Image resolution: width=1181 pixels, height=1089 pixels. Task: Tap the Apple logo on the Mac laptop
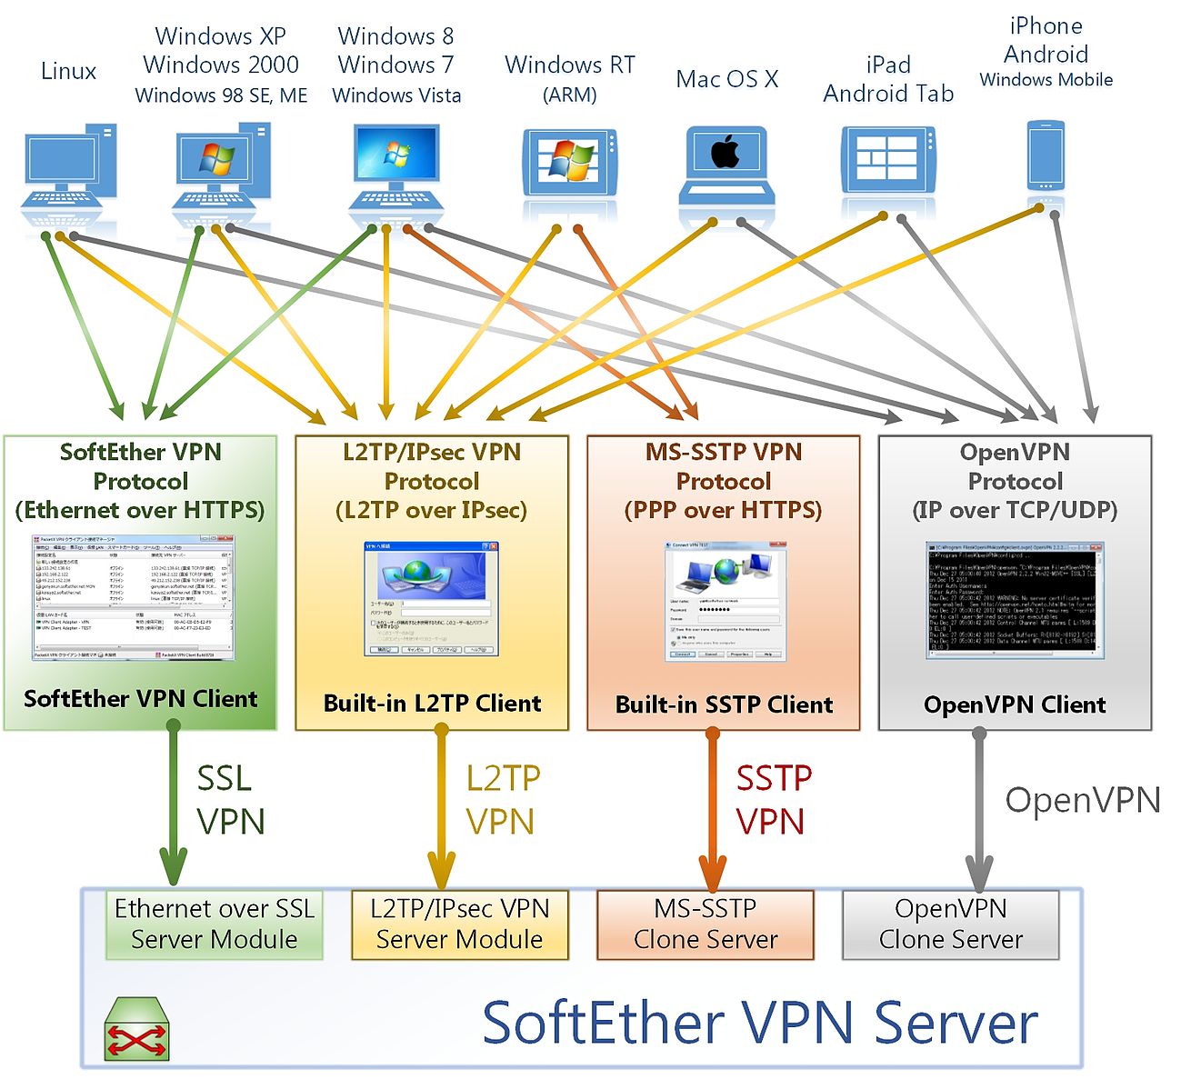coord(726,151)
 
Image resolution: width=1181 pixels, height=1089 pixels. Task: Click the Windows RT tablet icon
coord(570,163)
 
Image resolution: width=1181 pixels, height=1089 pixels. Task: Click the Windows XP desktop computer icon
coord(221,168)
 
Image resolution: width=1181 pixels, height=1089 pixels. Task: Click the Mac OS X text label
coord(726,79)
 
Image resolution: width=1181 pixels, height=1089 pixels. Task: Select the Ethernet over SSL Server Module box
coord(215,924)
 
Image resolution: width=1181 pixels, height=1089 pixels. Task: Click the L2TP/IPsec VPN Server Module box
coord(459,924)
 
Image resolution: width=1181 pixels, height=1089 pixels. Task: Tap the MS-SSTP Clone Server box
coord(706,924)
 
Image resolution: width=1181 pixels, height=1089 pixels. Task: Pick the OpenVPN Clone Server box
coord(951,924)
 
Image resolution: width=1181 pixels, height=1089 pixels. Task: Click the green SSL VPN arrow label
coord(230,800)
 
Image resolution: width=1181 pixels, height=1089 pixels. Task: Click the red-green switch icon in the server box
coord(136,1030)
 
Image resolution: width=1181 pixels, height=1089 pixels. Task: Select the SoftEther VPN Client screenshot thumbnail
coord(135,597)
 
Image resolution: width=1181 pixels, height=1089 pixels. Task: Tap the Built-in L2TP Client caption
coord(432,704)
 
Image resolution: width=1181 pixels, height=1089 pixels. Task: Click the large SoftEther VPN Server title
coord(759,1023)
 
